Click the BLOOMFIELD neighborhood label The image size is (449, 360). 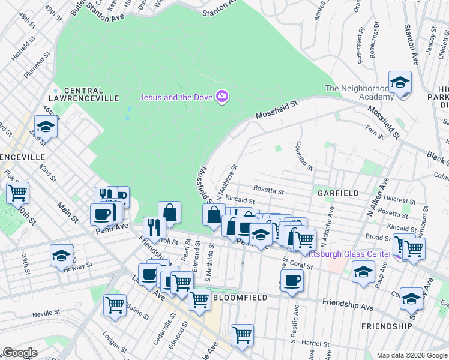(239, 297)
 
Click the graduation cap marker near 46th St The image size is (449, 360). (46, 127)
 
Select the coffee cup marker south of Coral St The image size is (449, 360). (292, 280)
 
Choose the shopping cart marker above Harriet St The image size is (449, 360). (242, 335)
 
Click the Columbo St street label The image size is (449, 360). (304, 155)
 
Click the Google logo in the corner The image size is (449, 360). (20, 353)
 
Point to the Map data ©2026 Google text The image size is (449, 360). (412, 355)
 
